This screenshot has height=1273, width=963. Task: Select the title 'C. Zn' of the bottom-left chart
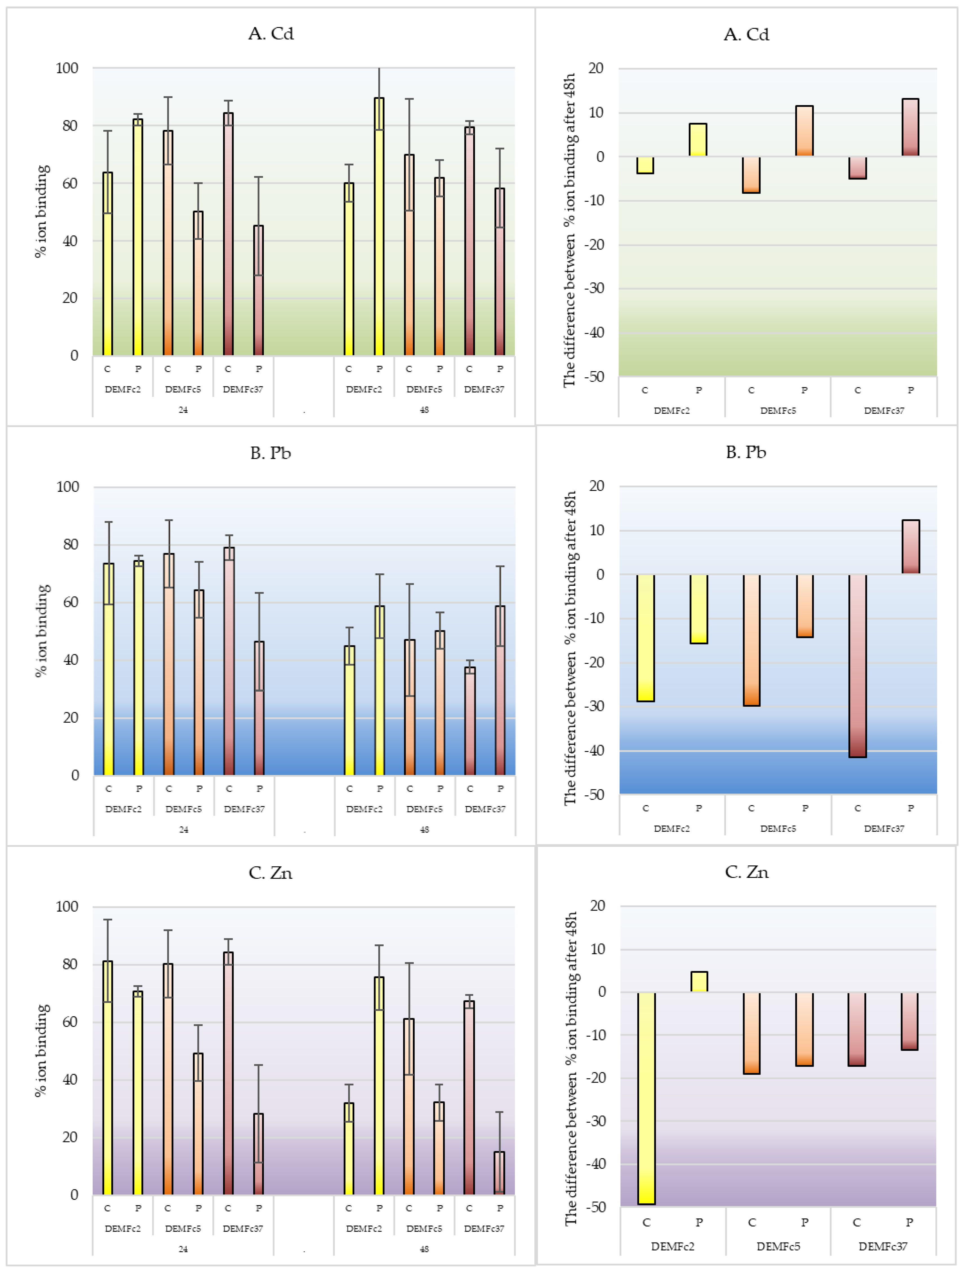[271, 873]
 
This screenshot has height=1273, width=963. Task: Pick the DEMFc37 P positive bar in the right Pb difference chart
[910, 547]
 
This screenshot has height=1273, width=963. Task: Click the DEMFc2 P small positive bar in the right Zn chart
[699, 982]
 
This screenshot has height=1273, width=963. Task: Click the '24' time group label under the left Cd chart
[183, 410]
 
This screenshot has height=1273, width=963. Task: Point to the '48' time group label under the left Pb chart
[424, 829]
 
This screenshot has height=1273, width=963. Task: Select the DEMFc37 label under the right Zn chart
[883, 1246]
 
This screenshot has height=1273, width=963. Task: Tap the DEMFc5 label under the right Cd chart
[778, 410]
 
